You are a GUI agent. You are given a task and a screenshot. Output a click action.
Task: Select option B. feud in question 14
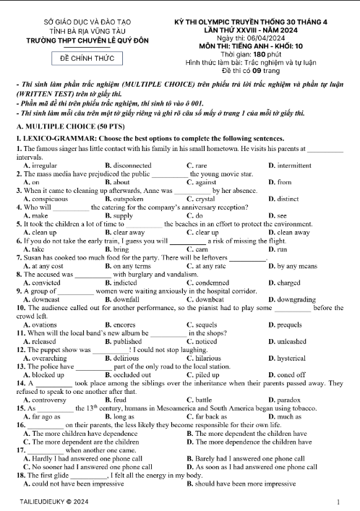click(116, 399)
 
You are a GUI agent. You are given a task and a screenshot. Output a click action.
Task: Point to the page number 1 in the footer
click(338, 500)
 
